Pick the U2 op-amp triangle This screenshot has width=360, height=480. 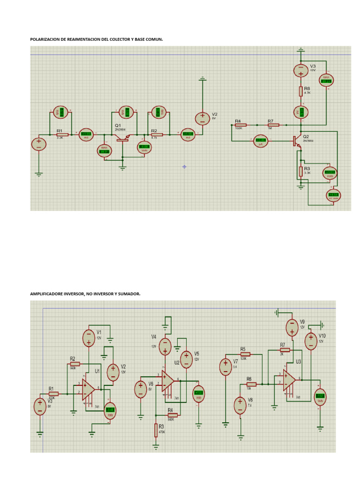point(168,380)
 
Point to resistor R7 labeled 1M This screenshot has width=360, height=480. point(273,125)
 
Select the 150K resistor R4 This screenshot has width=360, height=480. point(240,125)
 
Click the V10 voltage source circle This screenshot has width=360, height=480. point(310,341)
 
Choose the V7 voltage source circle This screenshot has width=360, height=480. point(225,366)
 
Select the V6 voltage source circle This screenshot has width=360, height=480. point(141,389)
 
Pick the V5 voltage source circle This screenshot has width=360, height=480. point(186,360)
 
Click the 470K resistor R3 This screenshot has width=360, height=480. point(156,430)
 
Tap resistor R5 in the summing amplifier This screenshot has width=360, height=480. point(245,354)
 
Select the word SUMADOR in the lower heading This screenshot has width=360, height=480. point(130,294)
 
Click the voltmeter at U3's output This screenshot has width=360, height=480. point(320,397)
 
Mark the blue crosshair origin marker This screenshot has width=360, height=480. point(184,166)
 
